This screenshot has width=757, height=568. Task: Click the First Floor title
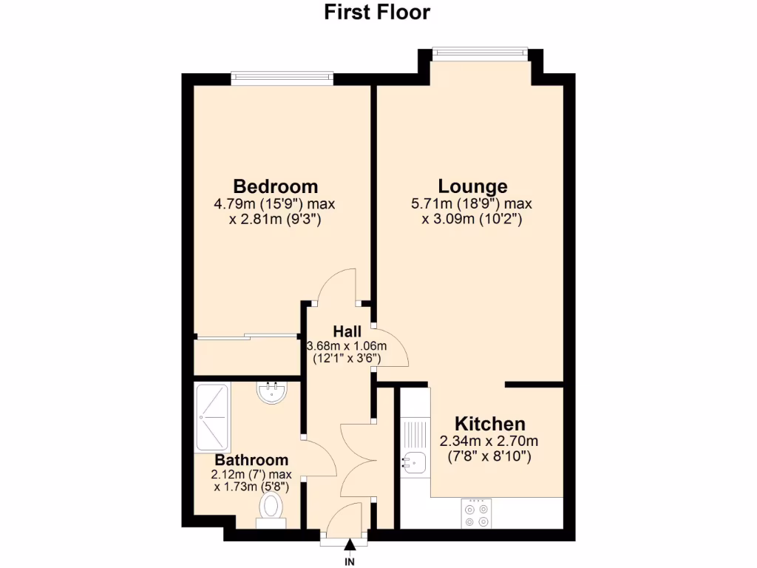coord(377,13)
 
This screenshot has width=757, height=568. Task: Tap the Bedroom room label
coord(276,186)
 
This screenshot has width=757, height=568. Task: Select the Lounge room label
coord(472,186)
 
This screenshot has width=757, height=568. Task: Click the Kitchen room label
coord(489,424)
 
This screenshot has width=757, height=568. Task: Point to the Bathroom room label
coord(252,460)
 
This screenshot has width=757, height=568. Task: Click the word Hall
coord(347,331)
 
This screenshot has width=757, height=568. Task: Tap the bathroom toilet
coord(271,509)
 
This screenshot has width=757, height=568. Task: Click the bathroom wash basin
coord(272,391)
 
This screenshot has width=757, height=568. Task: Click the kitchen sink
coord(413,462)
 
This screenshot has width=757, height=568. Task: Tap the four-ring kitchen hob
coord(475,514)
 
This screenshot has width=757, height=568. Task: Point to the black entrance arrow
coord(350,545)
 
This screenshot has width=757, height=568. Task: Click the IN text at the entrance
coord(350,560)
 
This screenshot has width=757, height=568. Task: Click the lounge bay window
coord(480,51)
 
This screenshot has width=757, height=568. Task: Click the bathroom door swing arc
coord(319,459)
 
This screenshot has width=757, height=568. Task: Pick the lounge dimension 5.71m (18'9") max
coord(472,204)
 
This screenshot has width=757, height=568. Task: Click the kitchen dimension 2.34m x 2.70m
coord(489,442)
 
